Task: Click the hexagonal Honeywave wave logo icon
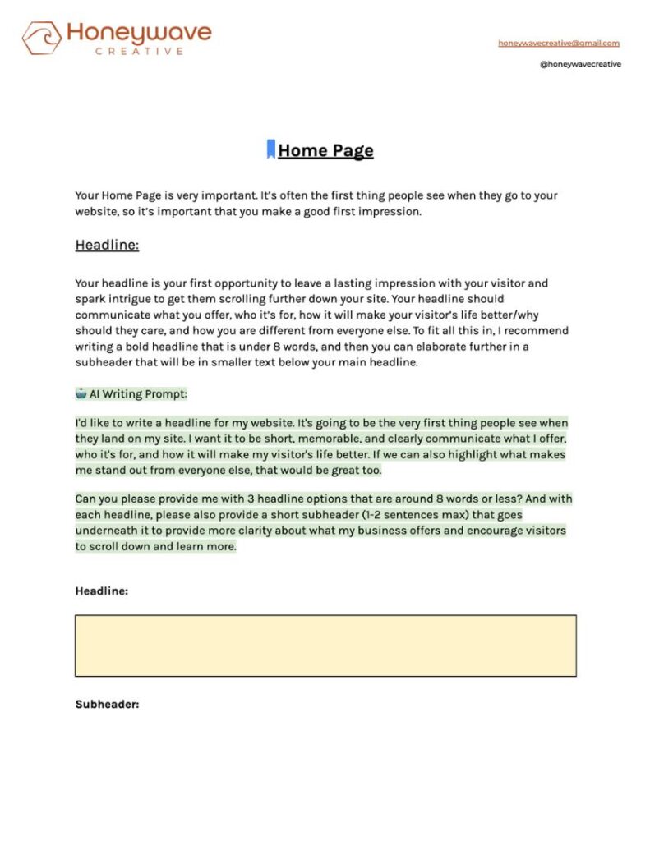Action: pos(41,38)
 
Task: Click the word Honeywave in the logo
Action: pos(139,33)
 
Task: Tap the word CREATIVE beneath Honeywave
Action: pos(139,51)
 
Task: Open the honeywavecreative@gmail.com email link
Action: pos(559,43)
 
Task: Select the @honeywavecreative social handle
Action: pos(580,64)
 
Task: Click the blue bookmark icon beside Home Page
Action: pos(270,149)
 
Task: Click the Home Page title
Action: pos(325,150)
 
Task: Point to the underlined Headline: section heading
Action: pos(107,245)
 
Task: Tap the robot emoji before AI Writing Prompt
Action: pos(81,393)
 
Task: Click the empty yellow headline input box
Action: pos(325,646)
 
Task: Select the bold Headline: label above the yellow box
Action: pos(102,591)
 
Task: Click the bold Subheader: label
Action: pos(108,704)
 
